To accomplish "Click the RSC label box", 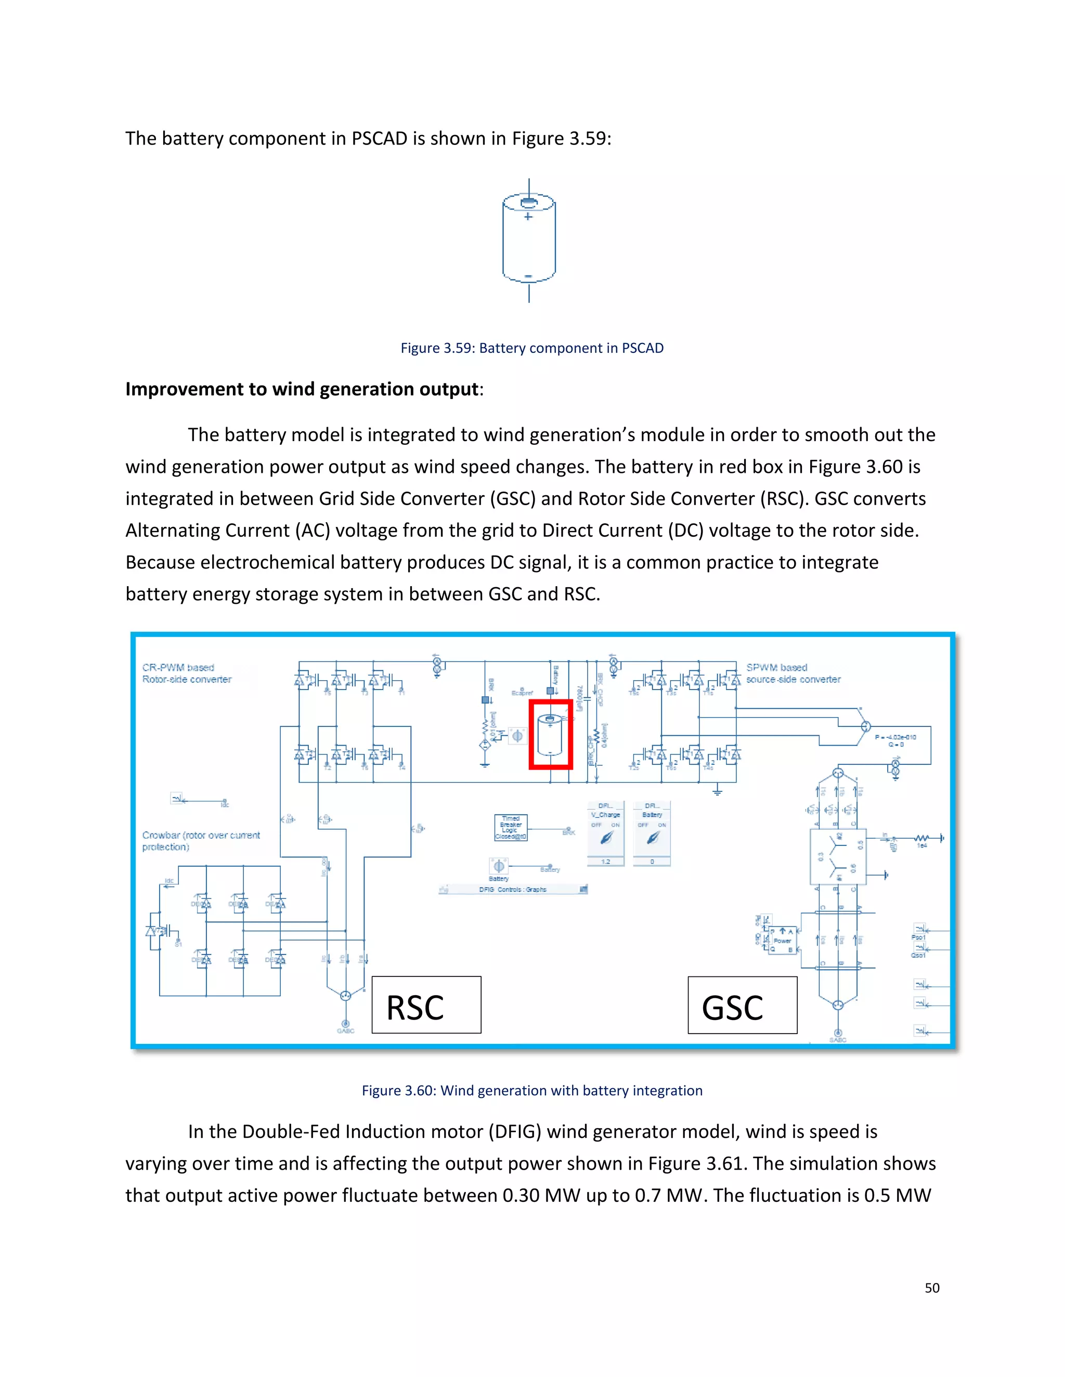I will (426, 1004).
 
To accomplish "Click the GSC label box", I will (742, 1004).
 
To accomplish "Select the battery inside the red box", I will (550, 735).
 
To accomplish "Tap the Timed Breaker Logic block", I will (511, 827).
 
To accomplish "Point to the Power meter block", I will (782, 940).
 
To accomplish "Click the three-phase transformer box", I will (838, 856).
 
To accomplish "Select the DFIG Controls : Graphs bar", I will (512, 890).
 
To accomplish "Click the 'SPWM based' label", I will (777, 667).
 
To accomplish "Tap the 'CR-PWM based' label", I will (178, 667).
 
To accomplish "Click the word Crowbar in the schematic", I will (160, 835).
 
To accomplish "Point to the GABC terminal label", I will (346, 1031).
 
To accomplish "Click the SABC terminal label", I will (838, 1040).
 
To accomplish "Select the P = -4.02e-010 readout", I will (895, 736).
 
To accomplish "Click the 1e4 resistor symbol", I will (922, 838).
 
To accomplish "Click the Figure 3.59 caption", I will (532, 348).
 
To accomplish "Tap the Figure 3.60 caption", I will (532, 1090).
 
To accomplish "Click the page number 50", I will (932, 1288).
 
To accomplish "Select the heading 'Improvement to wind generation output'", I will (302, 389).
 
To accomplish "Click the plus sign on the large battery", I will (529, 217).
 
